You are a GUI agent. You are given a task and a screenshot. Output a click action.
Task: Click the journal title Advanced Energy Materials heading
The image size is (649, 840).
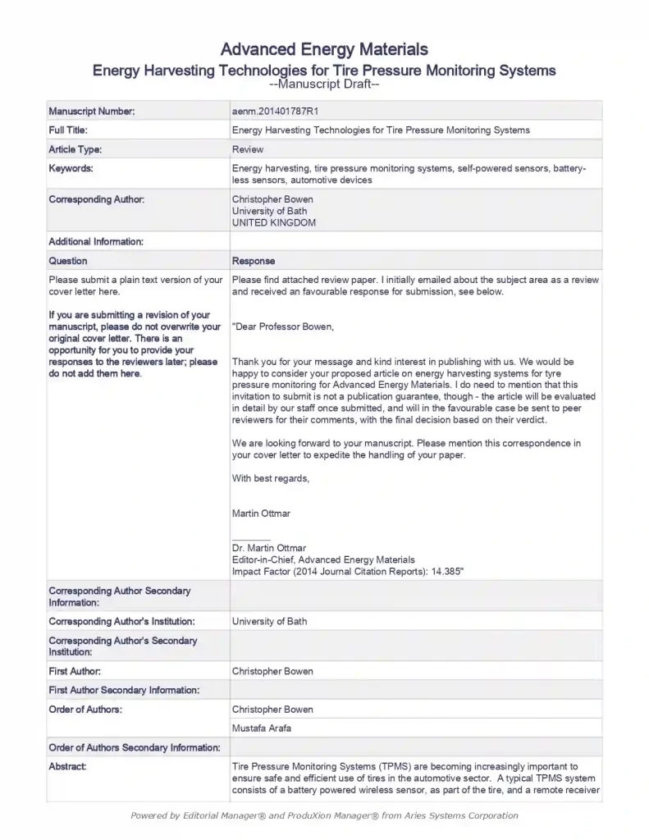click(x=324, y=50)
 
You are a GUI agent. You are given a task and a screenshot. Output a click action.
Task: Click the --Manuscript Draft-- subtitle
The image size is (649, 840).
click(x=324, y=84)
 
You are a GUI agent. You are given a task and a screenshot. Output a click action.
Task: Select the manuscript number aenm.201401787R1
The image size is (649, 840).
click(x=272, y=111)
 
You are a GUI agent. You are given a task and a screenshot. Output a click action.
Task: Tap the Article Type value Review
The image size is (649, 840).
click(x=248, y=149)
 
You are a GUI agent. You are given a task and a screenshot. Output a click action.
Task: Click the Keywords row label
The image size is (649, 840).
click(x=71, y=168)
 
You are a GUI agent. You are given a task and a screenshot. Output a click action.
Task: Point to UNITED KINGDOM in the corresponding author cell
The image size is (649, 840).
click(x=273, y=222)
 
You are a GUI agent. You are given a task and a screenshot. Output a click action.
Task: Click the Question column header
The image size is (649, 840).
click(x=68, y=261)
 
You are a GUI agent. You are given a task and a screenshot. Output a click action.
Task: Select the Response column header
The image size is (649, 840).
click(x=254, y=261)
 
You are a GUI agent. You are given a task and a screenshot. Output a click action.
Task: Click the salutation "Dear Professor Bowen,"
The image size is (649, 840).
click(x=284, y=326)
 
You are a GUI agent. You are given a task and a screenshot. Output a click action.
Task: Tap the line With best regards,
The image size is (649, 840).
click(x=271, y=478)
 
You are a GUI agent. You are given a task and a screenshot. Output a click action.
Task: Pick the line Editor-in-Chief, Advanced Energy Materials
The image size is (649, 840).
click(x=323, y=559)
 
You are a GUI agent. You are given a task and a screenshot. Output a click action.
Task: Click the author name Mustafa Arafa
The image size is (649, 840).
click(x=261, y=728)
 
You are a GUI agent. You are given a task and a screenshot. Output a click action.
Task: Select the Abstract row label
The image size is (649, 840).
click(x=67, y=766)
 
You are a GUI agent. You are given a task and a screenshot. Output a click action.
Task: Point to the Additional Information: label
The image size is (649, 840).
click(x=96, y=241)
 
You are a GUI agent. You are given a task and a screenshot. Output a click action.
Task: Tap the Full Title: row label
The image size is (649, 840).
click(x=68, y=130)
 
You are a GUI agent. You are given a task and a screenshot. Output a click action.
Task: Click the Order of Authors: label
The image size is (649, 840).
click(x=85, y=709)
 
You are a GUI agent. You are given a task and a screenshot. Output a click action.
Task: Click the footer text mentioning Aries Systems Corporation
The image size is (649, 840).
click(x=324, y=815)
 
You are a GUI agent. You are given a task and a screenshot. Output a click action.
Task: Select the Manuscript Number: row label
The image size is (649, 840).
click(x=91, y=111)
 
